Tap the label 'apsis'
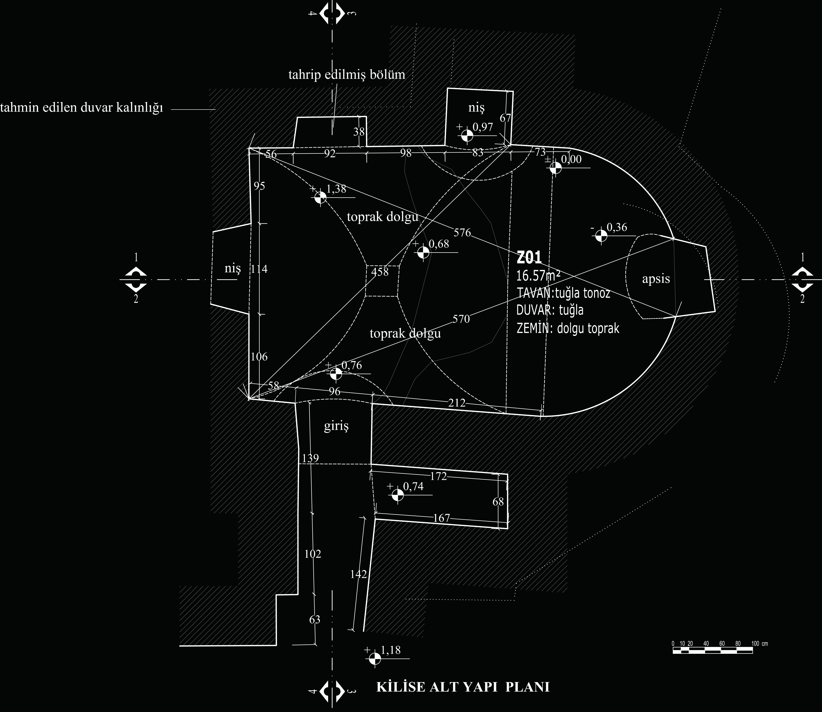click(x=656, y=279)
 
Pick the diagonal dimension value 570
click(x=461, y=319)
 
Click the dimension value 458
click(x=380, y=272)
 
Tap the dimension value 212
click(x=457, y=403)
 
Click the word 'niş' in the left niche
click(x=233, y=269)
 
